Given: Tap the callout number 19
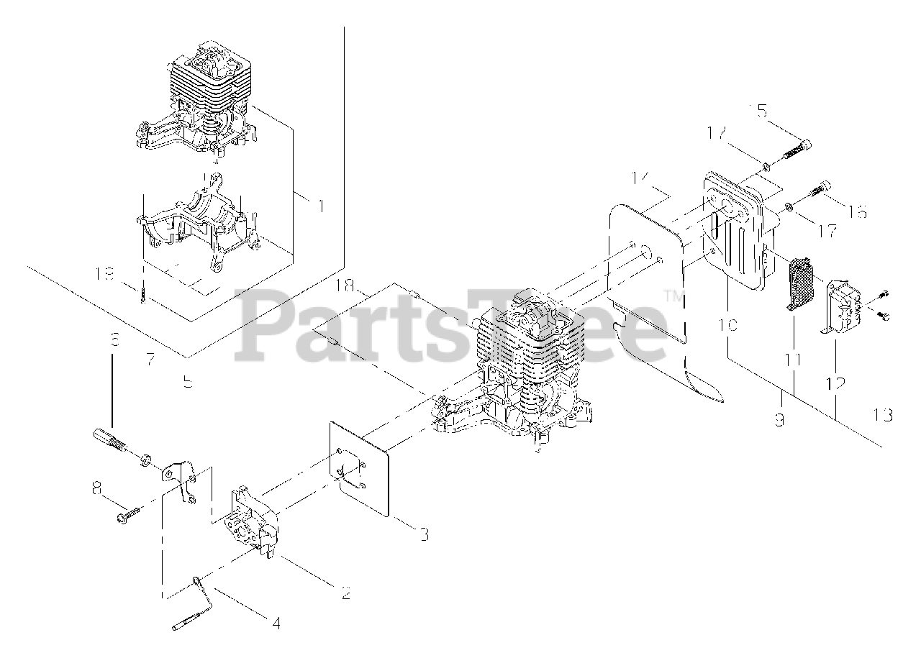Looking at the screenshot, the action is [x=106, y=273].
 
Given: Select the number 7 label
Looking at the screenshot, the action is [x=150, y=360].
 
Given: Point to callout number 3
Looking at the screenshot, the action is [x=424, y=534].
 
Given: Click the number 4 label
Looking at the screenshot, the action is [x=276, y=622].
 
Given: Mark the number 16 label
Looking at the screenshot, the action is [x=857, y=211].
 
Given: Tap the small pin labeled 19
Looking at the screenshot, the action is [x=144, y=296].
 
